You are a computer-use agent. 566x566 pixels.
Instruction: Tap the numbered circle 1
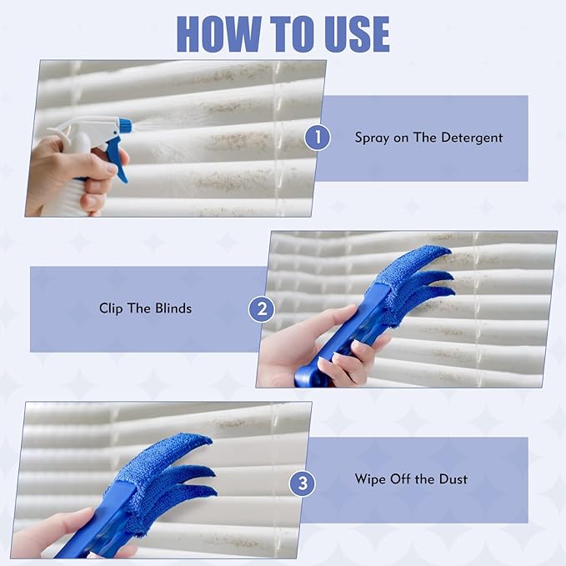pos(317,137)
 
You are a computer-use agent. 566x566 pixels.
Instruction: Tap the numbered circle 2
pos(262,309)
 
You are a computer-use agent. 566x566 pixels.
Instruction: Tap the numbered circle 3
pos(302,480)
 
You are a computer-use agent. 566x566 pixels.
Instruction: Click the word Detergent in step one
pos(471,138)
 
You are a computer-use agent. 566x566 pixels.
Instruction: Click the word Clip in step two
pos(112,308)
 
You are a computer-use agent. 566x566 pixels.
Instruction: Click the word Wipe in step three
pos(371,479)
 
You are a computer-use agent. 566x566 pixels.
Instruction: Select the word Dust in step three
pos(451,479)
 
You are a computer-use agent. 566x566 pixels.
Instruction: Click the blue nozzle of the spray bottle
pos(124,126)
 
